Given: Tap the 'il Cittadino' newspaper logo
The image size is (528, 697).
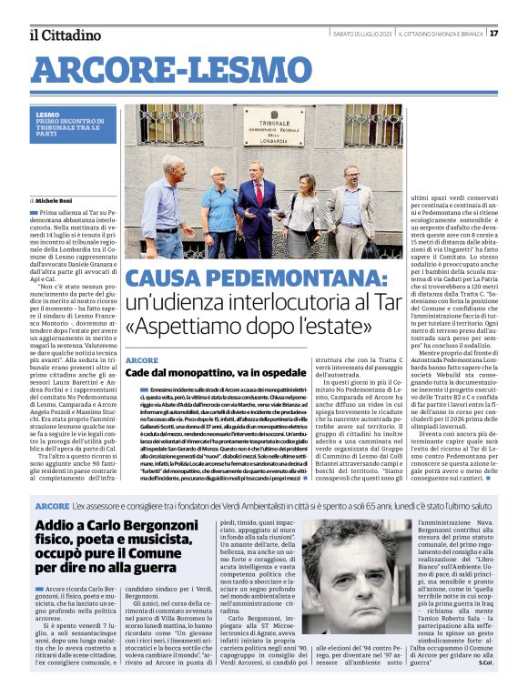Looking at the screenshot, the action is tap(64, 35).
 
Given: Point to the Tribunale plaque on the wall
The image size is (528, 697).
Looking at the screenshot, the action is tap(273, 126).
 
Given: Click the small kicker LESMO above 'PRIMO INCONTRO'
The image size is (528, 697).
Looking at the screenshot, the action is tap(48, 114).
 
